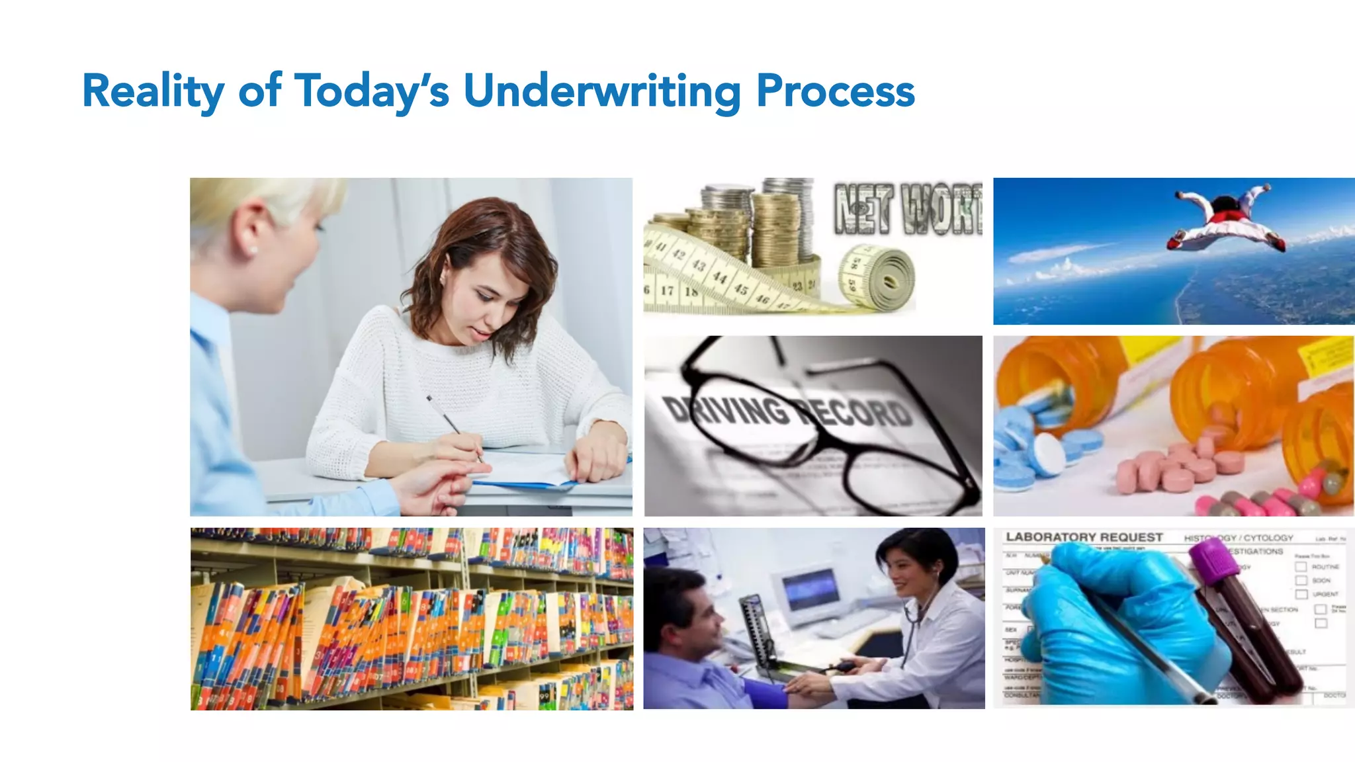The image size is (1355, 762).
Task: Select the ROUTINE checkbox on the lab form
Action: pyautogui.click(x=1301, y=567)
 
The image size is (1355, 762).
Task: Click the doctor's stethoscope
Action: pyautogui.click(x=913, y=615)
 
